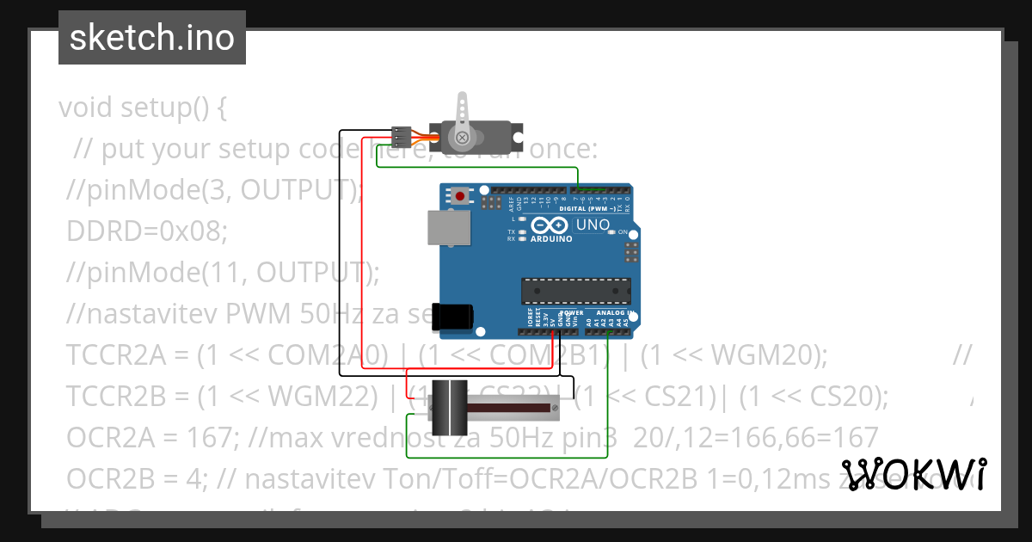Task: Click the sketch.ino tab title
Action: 152,38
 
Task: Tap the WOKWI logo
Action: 913,474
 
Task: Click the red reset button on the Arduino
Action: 460,196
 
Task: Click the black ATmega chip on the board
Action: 575,291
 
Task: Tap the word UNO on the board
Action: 593,225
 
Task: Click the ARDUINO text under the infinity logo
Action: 551,239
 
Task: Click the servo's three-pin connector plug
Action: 401,135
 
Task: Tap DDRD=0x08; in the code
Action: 147,231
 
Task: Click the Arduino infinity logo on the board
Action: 551,225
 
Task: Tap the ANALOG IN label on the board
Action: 615,313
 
